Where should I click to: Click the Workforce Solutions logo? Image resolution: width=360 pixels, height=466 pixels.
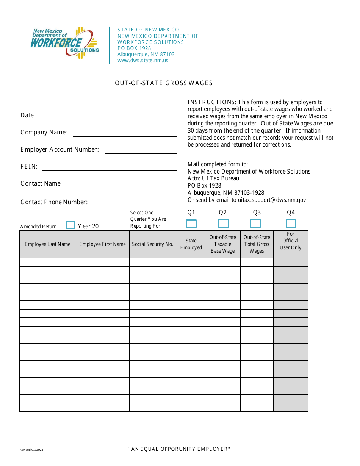[64, 43]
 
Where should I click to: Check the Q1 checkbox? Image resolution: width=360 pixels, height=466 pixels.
[191, 224]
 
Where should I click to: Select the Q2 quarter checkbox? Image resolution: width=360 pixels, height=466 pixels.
[223, 224]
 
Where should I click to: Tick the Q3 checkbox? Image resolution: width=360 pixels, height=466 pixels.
[255, 224]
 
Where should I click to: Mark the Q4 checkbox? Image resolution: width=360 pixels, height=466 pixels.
[291, 223]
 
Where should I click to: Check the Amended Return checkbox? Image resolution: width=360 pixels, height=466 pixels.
[70, 225]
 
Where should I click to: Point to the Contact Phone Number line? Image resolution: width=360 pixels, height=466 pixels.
[135, 202]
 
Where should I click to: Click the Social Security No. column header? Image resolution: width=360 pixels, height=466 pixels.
[153, 244]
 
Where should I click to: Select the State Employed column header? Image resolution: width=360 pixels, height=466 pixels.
[191, 244]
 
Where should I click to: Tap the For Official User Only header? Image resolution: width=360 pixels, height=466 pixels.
[290, 241]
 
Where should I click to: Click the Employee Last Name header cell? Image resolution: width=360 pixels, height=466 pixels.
[47, 244]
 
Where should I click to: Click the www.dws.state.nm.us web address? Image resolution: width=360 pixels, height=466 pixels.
[143, 60]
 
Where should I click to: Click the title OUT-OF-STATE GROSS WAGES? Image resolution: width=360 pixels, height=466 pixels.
[164, 83]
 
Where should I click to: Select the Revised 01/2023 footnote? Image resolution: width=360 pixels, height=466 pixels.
[31, 450]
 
